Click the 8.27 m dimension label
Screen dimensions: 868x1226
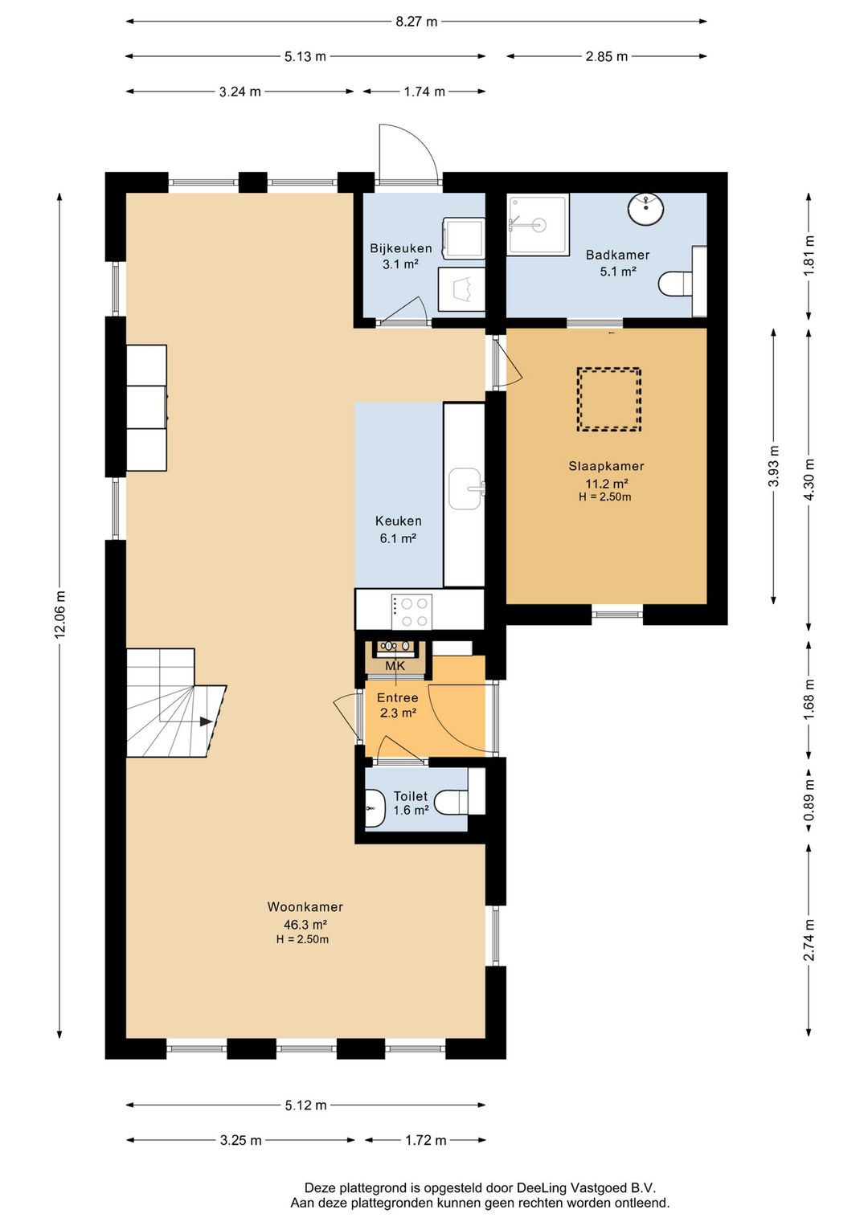coord(416,22)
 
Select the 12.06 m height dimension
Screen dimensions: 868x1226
coord(59,614)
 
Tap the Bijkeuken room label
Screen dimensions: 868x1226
coord(401,248)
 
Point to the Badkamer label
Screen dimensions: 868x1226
coord(618,255)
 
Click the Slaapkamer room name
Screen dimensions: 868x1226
coord(606,466)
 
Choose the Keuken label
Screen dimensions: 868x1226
coord(398,521)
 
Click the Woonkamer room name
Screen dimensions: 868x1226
coord(305,906)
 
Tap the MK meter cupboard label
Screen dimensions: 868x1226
coord(395,666)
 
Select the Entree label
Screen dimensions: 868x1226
coord(398,698)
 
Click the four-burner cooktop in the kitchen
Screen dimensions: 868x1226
coord(411,612)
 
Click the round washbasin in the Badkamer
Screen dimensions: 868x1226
coord(646,209)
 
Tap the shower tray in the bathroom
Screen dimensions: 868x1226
coord(538,224)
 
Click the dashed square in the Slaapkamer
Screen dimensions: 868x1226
coord(608,399)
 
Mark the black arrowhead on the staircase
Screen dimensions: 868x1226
coord(206,721)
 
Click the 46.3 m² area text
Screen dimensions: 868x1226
coord(305,925)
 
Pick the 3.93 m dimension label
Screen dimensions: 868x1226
coord(773,466)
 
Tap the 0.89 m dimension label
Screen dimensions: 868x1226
coord(809,800)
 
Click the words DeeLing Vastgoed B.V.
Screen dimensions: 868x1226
coord(586,1187)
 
